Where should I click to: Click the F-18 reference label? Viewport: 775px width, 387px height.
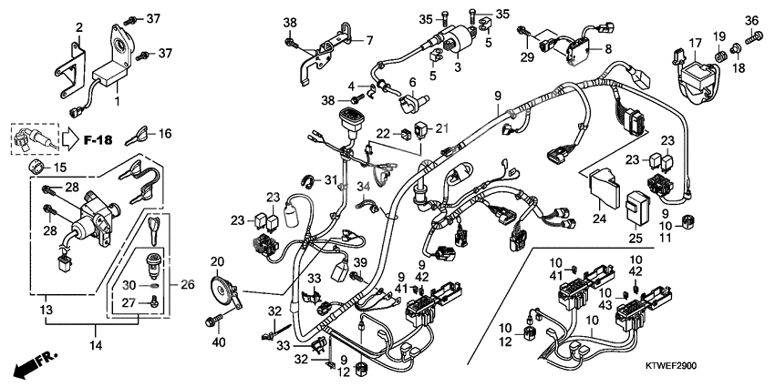point(98,140)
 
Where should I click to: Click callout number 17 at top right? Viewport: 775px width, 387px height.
point(695,43)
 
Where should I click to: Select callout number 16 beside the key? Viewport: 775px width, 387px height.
point(165,134)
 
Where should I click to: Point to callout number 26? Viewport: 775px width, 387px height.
point(188,284)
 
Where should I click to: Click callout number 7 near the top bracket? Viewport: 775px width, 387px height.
point(370,40)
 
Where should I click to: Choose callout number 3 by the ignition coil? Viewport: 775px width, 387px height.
point(459,67)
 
